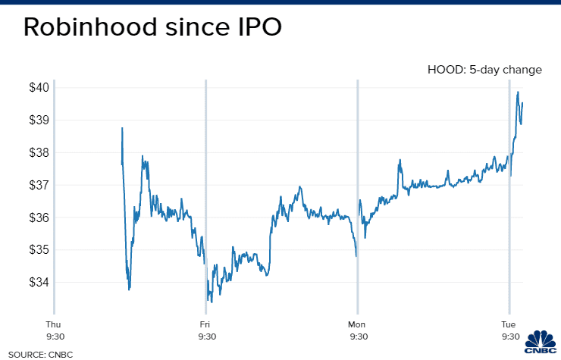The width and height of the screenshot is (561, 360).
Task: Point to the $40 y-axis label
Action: (x=39, y=87)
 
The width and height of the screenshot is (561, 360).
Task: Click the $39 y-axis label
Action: (x=39, y=120)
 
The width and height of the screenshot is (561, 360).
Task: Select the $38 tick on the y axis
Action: (x=39, y=152)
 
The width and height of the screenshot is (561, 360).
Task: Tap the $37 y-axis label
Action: (x=39, y=185)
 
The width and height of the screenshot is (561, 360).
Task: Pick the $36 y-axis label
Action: (x=39, y=218)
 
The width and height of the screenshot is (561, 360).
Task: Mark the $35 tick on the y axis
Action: (x=39, y=250)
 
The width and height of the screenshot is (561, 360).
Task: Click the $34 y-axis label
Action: (x=39, y=283)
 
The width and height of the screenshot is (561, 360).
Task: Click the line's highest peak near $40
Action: (x=518, y=92)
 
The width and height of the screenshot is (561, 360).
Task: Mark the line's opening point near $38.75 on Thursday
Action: (x=122, y=128)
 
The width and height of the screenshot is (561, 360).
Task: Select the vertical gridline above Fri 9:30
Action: (x=205, y=189)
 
